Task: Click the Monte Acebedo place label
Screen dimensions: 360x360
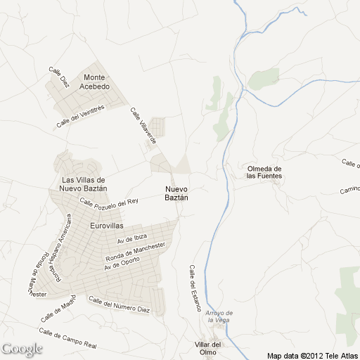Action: tap(95, 82)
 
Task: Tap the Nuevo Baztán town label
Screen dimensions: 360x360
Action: tap(177, 193)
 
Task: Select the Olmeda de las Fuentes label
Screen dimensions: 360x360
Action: tap(264, 172)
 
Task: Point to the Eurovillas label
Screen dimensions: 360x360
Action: tap(107, 226)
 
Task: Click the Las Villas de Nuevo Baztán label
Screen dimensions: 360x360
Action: tap(84, 184)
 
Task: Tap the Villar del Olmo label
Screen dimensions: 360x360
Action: tap(208, 348)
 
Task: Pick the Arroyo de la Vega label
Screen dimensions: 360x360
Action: tap(220, 316)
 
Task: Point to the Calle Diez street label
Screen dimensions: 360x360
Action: tap(59, 77)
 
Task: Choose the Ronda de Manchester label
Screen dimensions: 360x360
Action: tap(134, 252)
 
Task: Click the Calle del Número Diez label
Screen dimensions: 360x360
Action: tap(120, 304)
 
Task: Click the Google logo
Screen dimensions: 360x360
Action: tap(22, 349)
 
